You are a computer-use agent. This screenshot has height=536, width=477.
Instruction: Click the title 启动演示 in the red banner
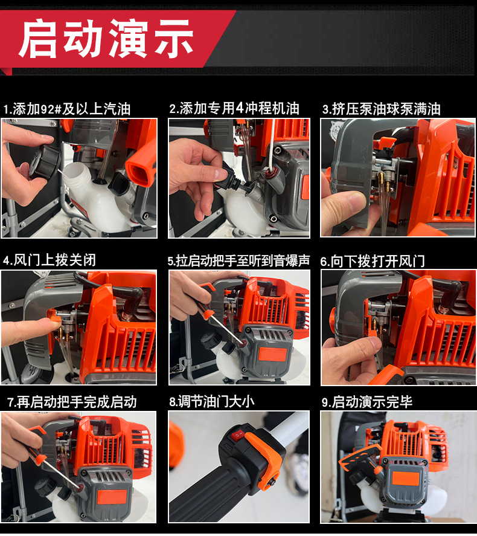coord(106,37)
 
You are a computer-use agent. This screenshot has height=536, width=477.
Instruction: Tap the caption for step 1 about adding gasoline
coord(67,109)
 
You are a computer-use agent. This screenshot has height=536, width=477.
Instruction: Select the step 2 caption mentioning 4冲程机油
coord(234,108)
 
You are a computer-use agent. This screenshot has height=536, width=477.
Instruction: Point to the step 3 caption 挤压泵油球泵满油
coord(381,109)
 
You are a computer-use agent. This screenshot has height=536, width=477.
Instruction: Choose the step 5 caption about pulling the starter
coord(238,260)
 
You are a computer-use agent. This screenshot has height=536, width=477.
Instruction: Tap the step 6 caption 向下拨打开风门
coord(373,260)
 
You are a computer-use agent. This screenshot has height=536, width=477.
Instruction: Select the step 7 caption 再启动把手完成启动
coord(72,402)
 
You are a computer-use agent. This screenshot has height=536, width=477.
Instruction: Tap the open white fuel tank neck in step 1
coord(75,175)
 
